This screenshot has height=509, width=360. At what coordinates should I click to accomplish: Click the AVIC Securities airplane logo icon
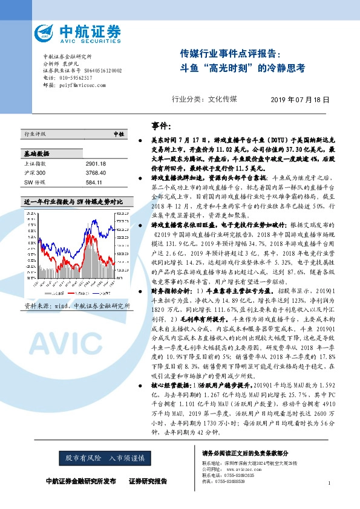coord(47,33)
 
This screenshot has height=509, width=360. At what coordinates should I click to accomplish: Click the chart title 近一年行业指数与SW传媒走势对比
coord(73,201)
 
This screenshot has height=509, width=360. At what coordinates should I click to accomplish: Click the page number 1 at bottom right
coord(329,483)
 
